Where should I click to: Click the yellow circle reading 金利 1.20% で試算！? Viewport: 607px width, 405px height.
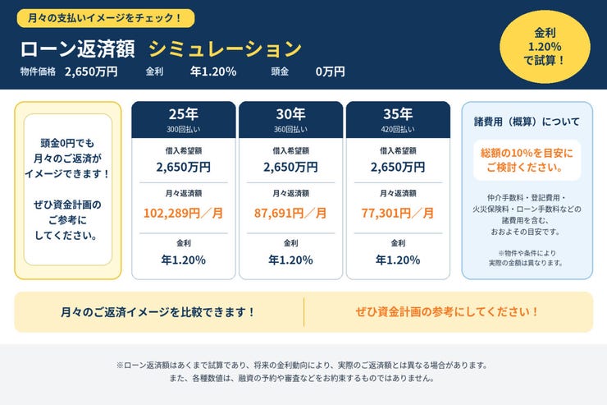point(545,47)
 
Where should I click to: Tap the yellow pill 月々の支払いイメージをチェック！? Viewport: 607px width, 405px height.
point(106,18)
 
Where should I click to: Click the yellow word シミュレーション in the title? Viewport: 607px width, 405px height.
point(225,48)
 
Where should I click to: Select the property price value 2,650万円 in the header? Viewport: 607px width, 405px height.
point(91,71)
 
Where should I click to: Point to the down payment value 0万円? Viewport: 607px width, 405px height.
point(330,71)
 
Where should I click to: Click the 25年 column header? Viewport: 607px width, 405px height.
point(184,114)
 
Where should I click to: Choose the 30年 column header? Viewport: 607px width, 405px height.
point(290,114)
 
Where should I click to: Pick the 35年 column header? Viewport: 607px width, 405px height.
point(398,114)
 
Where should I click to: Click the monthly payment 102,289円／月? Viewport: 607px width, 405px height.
point(184,213)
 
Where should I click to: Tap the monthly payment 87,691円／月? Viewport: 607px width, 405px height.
point(290,213)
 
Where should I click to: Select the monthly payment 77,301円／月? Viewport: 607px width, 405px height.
point(398,213)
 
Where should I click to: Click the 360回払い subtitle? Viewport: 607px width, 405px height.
point(290,130)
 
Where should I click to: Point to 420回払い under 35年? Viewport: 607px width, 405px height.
point(398,130)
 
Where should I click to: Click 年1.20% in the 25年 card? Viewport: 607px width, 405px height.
point(184,260)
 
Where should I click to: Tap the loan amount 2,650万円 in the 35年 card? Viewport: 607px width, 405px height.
point(398,167)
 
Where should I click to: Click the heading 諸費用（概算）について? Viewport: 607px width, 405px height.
point(527,122)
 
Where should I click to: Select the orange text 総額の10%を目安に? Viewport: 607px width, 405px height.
point(527,153)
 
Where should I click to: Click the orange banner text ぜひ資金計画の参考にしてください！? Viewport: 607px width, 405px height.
point(447,312)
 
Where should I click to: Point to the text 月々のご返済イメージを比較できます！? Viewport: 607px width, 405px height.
point(158,312)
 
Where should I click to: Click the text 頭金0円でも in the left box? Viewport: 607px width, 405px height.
point(67,144)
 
